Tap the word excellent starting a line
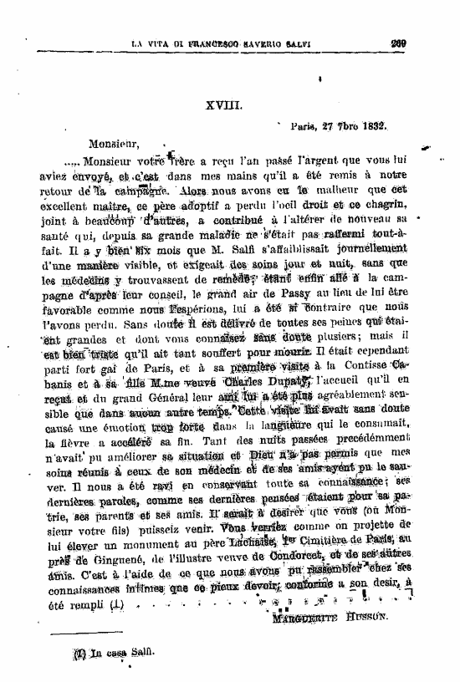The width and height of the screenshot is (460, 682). pos(69,201)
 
